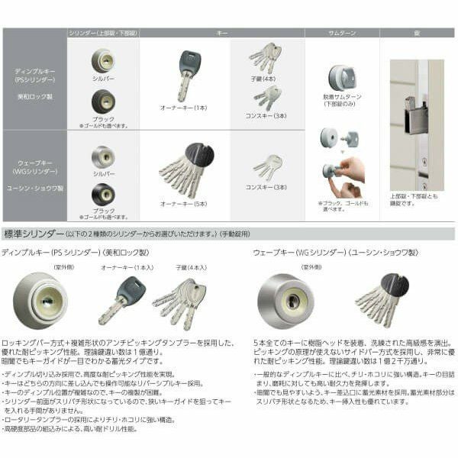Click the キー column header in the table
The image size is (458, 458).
222,34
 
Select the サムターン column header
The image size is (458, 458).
341,34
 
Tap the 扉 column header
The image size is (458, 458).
417,34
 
